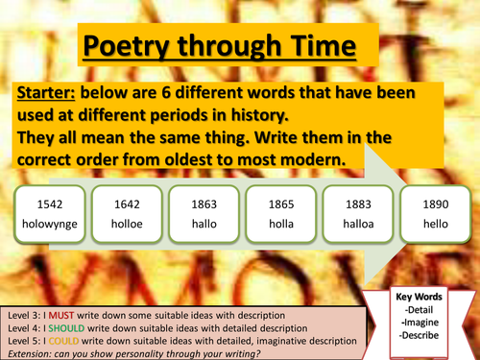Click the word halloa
[x=357, y=233]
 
